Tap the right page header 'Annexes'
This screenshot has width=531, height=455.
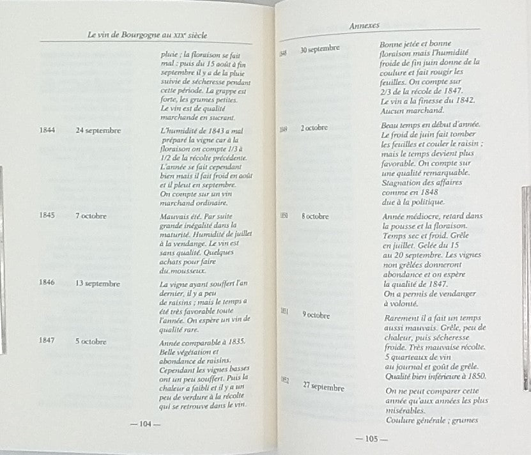pyautogui.click(x=365, y=26)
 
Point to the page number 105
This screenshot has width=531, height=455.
pyautogui.click(x=367, y=438)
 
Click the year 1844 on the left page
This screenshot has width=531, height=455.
pyautogui.click(x=47, y=130)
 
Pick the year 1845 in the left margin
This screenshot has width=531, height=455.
pyautogui.click(x=47, y=215)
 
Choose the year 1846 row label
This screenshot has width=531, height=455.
pyautogui.click(x=47, y=282)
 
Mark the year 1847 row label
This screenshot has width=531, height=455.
pyautogui.click(x=47, y=341)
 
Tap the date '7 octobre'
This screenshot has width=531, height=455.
pyautogui.click(x=91, y=215)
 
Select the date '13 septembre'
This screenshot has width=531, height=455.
pyautogui.click(x=98, y=282)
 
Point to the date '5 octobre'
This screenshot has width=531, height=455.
pyautogui.click(x=91, y=341)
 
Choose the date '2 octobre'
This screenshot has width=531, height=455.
pyautogui.click(x=314, y=128)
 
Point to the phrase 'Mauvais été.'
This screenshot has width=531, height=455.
pyautogui.click(x=181, y=215)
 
